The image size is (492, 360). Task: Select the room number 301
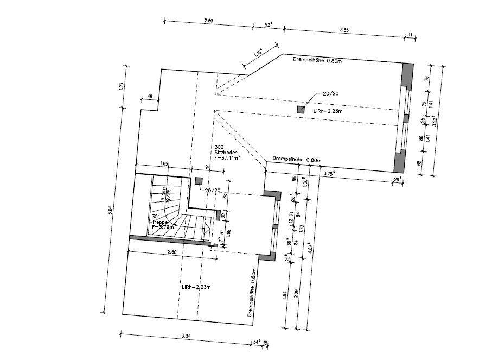tap(156, 217)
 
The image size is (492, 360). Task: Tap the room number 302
tap(219, 147)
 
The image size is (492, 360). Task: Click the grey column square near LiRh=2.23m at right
tap(301, 109)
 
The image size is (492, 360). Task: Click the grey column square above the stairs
tap(199, 181)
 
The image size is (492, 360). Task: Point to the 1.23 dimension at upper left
tap(122, 87)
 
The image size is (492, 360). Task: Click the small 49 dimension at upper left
tap(149, 97)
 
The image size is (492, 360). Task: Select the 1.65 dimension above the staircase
tap(164, 163)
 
